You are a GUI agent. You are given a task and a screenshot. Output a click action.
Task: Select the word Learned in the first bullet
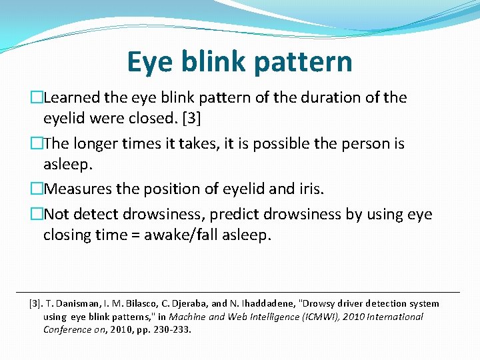[73, 97]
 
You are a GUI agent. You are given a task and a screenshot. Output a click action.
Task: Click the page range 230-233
[172, 329]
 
